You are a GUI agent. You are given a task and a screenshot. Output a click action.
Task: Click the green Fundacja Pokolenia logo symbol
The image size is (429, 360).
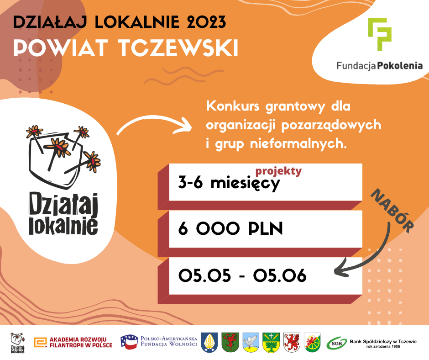click(x=379, y=34)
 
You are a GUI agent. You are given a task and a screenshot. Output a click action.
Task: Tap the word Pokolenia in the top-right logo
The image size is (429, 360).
click(x=400, y=66)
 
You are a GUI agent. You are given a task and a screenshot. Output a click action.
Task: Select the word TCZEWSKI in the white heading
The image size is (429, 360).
click(x=178, y=48)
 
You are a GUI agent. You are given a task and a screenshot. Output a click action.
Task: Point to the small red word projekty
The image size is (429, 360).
click(x=278, y=171)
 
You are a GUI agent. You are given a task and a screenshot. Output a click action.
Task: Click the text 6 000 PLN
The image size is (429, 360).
click(x=230, y=228)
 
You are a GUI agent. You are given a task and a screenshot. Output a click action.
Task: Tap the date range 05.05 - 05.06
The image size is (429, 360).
click(x=242, y=275)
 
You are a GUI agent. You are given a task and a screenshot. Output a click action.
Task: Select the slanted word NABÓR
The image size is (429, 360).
click(x=392, y=211)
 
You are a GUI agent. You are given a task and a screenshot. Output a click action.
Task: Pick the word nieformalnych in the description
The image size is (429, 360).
click(x=298, y=144)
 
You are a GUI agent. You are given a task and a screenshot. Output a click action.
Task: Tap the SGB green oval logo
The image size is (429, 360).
click(x=336, y=343)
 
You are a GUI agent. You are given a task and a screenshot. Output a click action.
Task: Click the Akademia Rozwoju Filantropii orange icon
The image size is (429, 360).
click(x=40, y=343)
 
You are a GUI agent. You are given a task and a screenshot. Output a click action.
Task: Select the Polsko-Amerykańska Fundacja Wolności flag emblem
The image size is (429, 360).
click(x=129, y=342)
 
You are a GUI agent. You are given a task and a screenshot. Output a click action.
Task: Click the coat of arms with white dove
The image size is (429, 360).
click(x=251, y=342)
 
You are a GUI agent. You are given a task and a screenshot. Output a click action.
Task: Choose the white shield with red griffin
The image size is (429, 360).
click(x=292, y=342)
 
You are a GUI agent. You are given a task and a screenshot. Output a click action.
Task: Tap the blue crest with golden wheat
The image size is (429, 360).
click(x=209, y=342)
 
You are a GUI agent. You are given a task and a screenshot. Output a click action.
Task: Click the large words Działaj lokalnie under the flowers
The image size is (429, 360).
click(x=63, y=214)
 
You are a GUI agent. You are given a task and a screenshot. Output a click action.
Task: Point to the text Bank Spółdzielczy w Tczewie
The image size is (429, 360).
click(x=383, y=341)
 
